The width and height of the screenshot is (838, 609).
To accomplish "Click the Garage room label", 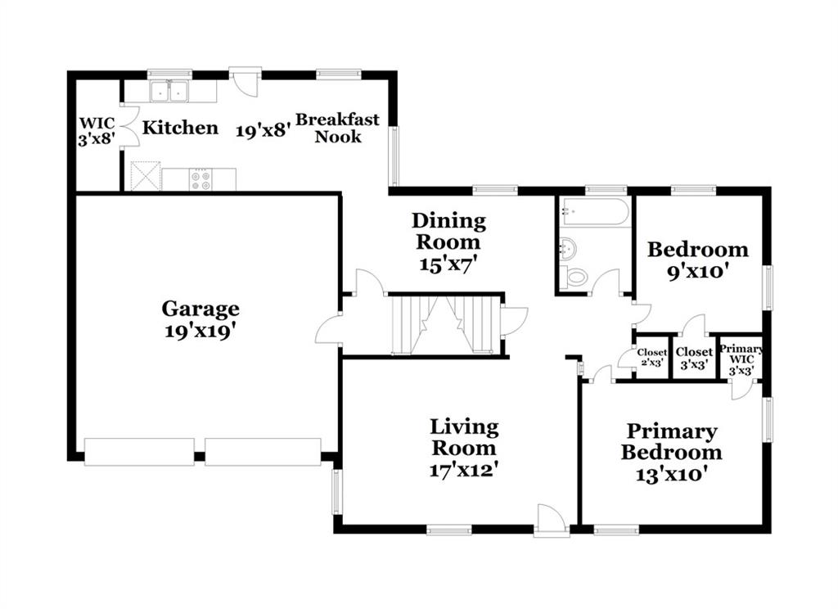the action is pyautogui.click(x=200, y=309).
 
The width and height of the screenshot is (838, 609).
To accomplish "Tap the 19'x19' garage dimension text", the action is pyautogui.click(x=200, y=332).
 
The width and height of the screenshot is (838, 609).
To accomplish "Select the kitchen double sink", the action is pyautogui.click(x=169, y=92).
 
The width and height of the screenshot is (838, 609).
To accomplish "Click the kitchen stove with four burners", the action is pyautogui.click(x=200, y=179).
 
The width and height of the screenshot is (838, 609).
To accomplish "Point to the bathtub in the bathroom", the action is pyautogui.click(x=595, y=212).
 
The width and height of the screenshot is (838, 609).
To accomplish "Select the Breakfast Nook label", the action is pyautogui.click(x=338, y=128).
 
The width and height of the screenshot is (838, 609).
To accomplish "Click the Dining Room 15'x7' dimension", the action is pyautogui.click(x=448, y=264).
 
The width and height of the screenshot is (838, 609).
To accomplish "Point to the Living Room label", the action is pyautogui.click(x=465, y=437).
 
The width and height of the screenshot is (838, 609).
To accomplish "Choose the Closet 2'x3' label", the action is pyautogui.click(x=652, y=357).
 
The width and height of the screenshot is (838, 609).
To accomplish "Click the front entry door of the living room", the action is pyautogui.click(x=552, y=518).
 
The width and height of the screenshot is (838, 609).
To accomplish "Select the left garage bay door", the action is pyautogui.click(x=139, y=452).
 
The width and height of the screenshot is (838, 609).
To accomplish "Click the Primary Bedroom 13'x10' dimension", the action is pyautogui.click(x=671, y=474).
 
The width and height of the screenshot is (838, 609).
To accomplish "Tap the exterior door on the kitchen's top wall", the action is pyautogui.click(x=245, y=82).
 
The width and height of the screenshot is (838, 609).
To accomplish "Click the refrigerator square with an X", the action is pyautogui.click(x=146, y=176).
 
